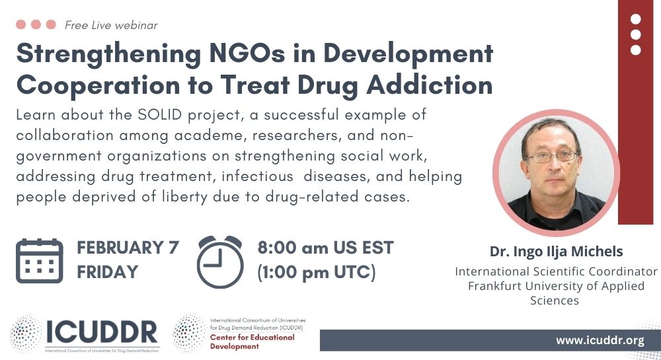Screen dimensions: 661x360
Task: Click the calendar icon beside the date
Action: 39,261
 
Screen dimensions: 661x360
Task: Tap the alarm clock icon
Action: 220,262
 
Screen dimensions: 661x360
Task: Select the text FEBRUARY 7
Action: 128,248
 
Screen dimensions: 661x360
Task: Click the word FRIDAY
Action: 108,271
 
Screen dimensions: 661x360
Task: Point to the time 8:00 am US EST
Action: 325,248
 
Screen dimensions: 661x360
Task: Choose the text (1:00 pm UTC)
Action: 316,272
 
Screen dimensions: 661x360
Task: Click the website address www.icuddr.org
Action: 600,340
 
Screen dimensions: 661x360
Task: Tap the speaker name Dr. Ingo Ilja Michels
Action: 556,252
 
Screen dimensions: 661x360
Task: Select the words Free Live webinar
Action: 111,25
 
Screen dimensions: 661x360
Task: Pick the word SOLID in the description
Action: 160,114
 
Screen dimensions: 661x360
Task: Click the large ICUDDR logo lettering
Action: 102,332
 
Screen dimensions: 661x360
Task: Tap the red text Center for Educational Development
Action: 252,342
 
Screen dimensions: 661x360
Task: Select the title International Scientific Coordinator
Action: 556,271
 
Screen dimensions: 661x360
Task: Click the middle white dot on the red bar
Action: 635,34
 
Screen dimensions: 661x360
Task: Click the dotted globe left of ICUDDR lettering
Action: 26,334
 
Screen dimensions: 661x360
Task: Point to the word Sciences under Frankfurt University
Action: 555,301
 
